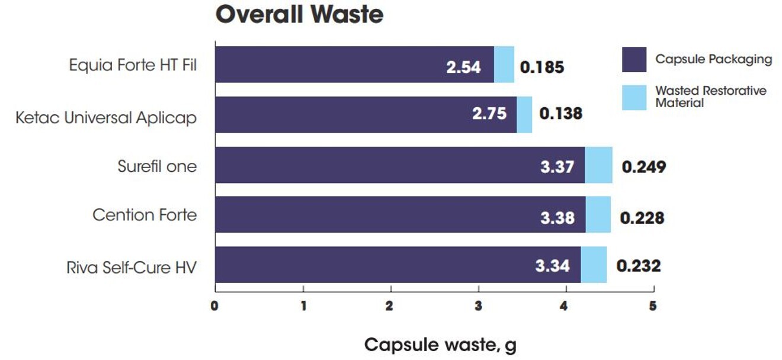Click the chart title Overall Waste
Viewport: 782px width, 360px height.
pos(299,15)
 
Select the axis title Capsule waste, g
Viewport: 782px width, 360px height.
pos(440,345)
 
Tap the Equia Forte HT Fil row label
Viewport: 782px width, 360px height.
pos(133,65)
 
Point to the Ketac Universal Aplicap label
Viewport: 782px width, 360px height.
pos(106,117)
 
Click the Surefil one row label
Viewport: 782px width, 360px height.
pos(157,166)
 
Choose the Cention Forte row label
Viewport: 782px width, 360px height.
pos(145,214)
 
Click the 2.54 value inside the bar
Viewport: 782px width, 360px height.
pos(463,66)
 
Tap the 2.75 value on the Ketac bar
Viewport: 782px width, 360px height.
pos(489,114)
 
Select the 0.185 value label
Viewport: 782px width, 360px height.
pos(541,66)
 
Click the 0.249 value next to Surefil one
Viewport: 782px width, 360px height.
pos(643,166)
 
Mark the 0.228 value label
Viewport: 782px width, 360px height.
pos(642,218)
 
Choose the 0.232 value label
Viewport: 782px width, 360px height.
pos(638,266)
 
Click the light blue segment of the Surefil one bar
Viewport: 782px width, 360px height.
pos(598,165)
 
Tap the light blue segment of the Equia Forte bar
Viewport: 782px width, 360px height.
pos(504,65)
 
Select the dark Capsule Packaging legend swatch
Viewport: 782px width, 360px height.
pos(634,59)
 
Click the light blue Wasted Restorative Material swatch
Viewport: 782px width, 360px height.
pos(634,97)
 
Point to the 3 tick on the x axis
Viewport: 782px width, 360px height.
pos(478,307)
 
